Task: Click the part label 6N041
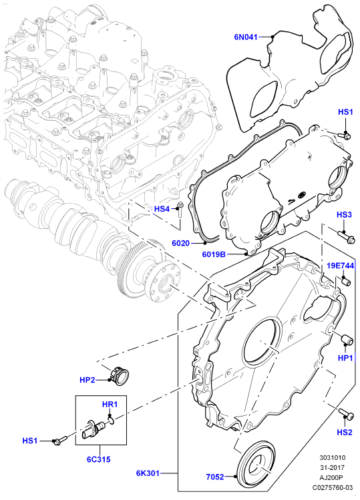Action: [246, 37]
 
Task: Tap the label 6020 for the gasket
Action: [180, 243]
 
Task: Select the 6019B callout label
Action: [214, 254]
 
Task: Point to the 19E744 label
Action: [341, 266]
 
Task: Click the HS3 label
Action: [344, 214]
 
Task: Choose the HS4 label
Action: [162, 209]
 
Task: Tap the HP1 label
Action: [345, 358]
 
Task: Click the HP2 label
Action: [87, 380]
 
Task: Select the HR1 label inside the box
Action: [110, 405]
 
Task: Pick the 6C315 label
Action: [99, 459]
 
